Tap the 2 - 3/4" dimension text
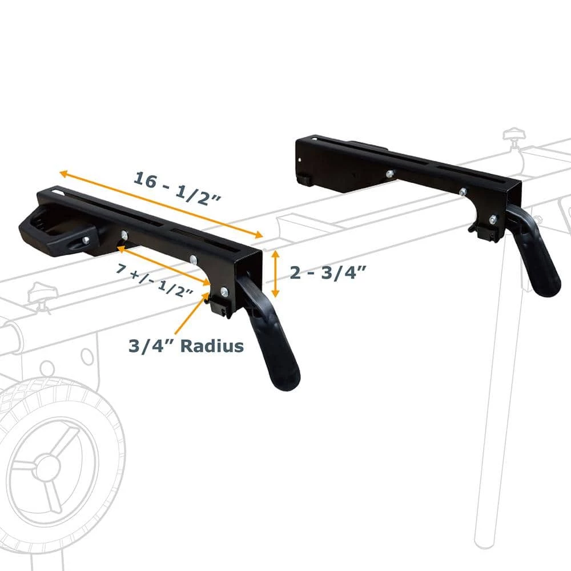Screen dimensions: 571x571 pyautogui.click(x=327, y=273)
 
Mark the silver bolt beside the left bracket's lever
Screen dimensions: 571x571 pyautogui.click(x=224, y=292)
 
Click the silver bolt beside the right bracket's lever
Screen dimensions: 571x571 pyautogui.click(x=493, y=218)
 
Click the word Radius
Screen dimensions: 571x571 pyautogui.click(x=214, y=345)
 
